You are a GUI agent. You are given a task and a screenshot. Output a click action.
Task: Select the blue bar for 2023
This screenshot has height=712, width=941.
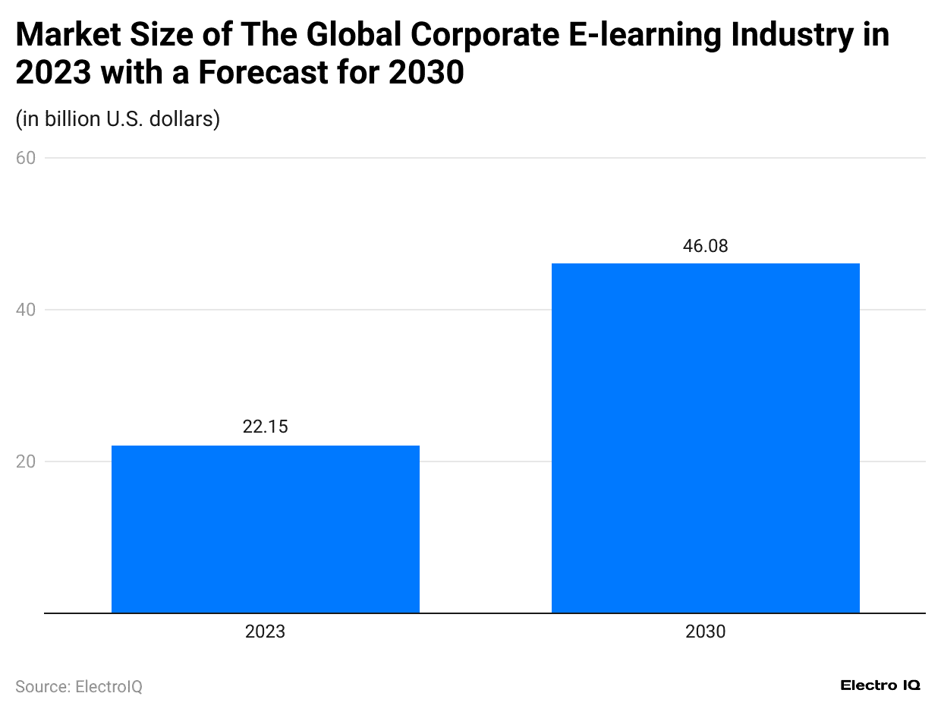click(265, 529)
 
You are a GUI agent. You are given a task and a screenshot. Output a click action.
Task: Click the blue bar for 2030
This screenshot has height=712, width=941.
click(705, 438)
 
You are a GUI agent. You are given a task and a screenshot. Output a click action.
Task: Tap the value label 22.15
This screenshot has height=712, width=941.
click(265, 427)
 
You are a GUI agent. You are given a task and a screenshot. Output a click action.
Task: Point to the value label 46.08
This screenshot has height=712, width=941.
click(705, 246)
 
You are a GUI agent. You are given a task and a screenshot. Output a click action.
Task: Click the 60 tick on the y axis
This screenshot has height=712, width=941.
click(25, 158)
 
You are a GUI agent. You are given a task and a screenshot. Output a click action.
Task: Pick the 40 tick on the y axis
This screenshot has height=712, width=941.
click(25, 310)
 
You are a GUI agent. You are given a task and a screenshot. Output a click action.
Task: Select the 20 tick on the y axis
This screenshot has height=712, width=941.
click(25, 462)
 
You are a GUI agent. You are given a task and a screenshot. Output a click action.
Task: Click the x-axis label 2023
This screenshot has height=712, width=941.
click(265, 632)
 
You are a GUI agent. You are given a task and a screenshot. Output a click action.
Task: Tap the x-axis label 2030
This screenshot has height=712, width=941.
click(705, 632)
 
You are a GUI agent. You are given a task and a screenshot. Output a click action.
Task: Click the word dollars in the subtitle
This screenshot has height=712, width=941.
click(186, 119)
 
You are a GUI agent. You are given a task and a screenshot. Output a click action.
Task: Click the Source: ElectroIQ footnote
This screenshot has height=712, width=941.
click(79, 686)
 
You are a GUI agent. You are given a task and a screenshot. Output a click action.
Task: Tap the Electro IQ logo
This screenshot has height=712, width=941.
click(880, 685)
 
